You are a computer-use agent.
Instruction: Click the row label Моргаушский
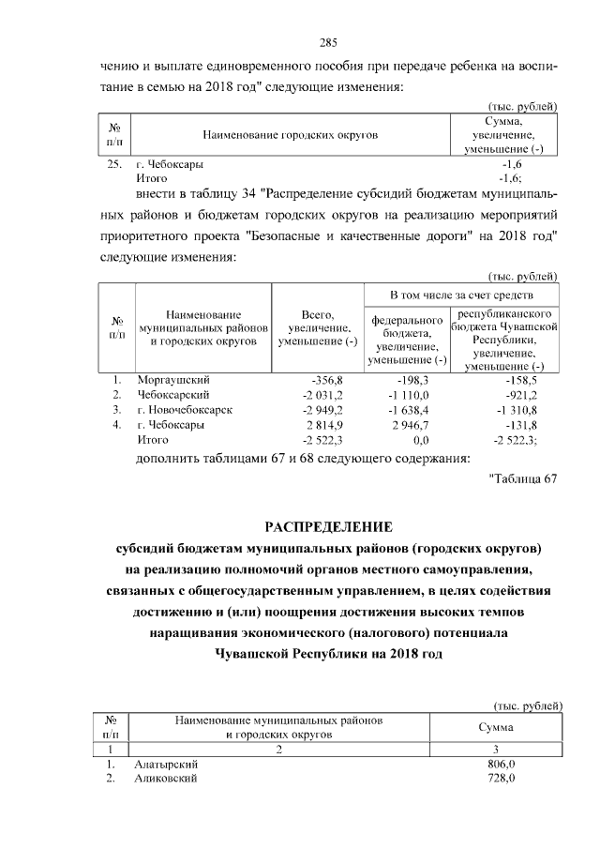(172, 380)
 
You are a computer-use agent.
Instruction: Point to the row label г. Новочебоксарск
(184, 410)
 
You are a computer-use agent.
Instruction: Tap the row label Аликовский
(164, 780)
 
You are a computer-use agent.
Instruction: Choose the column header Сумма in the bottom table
(494, 728)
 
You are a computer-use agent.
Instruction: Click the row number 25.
(114, 164)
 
